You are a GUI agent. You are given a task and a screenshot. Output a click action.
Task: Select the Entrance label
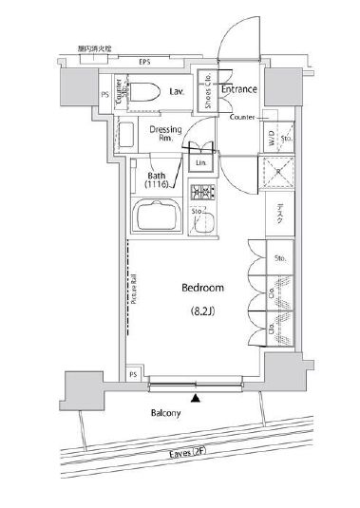tap(239, 89)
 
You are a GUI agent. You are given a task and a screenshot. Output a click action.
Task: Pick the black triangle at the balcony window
tap(197, 397)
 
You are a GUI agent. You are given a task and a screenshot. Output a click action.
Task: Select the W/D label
tap(270, 139)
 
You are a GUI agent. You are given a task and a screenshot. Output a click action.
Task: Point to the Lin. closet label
tap(201, 163)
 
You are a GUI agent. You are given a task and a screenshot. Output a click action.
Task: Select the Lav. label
tap(177, 92)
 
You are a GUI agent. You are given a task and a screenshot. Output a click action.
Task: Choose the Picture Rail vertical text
tap(134, 290)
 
